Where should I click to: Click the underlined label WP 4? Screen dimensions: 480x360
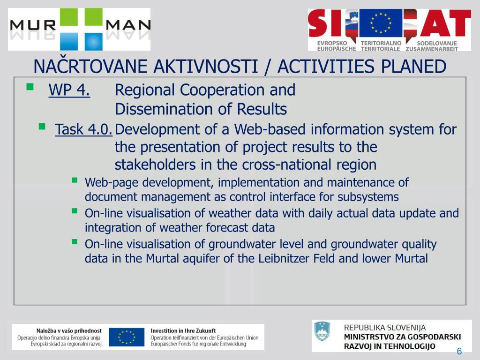(69, 90)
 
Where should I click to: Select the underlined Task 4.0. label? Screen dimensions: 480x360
(83, 129)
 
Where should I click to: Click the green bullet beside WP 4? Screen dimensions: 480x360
(30, 87)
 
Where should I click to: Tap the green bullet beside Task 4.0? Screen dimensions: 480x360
(42, 127)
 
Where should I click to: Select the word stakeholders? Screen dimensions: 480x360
(155, 165)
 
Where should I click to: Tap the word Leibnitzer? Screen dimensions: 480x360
(284, 259)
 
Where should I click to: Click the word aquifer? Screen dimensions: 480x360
(201, 259)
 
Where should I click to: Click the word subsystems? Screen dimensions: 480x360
(368, 197)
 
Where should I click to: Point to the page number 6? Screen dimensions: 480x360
(459, 351)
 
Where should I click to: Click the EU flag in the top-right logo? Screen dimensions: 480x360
(381, 23)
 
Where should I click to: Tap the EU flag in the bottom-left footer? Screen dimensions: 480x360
(127, 337)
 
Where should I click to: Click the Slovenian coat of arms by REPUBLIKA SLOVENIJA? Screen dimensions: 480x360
(322, 331)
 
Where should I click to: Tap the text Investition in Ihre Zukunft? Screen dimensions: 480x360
(183, 330)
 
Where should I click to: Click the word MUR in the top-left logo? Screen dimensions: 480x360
(33, 25)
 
